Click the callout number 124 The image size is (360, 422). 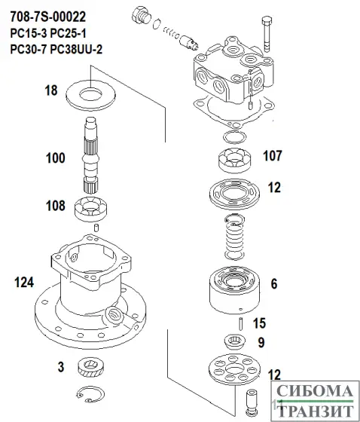point(26,282)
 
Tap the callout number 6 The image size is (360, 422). point(273,284)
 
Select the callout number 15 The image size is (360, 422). point(260,323)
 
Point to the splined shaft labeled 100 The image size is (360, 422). point(90,158)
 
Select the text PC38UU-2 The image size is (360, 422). point(79,49)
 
